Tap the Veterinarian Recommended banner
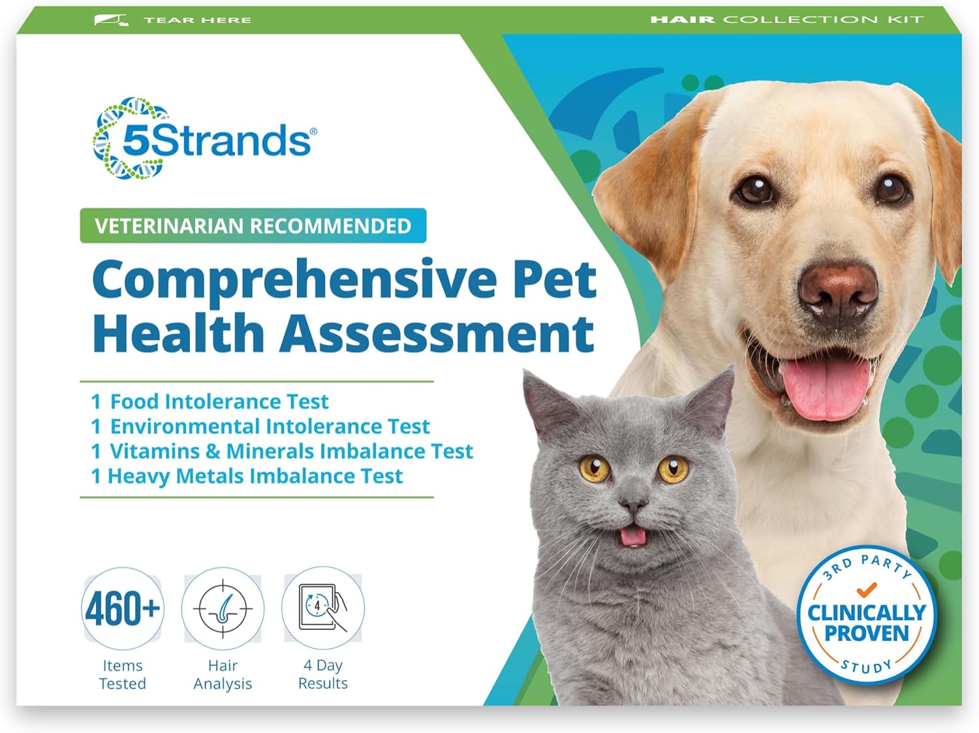tap(253, 226)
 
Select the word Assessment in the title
tap(438, 333)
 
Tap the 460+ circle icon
tap(122, 608)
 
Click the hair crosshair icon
tap(223, 608)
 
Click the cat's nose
tap(632, 504)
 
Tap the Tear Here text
tap(196, 20)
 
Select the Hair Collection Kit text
tap(786, 20)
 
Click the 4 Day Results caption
tap(322, 674)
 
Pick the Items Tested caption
tap(122, 674)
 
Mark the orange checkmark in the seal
tap(866, 590)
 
